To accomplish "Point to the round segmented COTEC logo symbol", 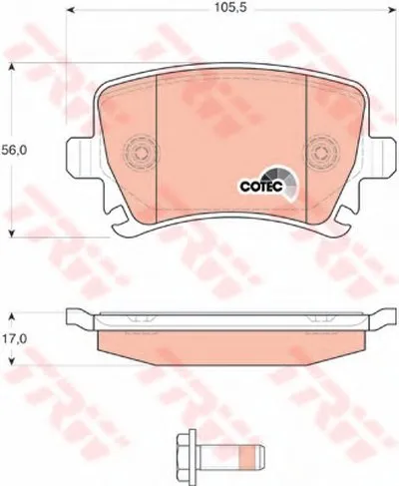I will pyautogui.click(x=281, y=184).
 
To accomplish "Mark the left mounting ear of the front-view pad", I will pyautogui.click(x=77, y=160).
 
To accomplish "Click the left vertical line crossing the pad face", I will pyautogui.click(x=159, y=140).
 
